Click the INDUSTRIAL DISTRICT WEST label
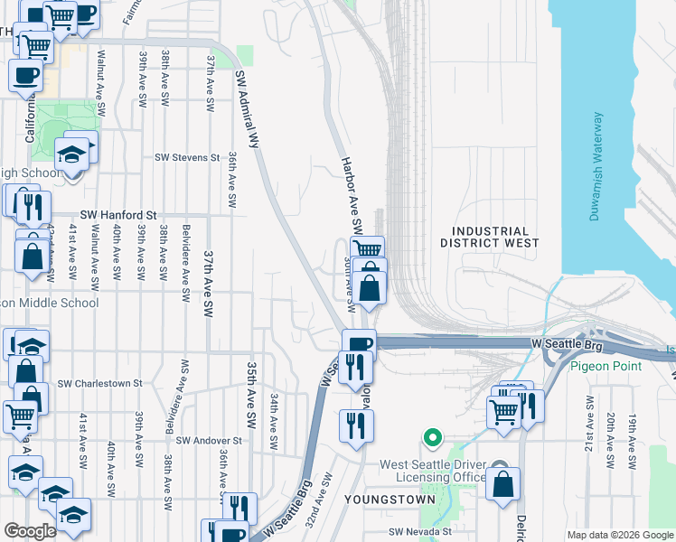pyautogui.click(x=489, y=237)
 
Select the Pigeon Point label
pyautogui.click(x=606, y=366)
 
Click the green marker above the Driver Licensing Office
pyautogui.click(x=433, y=439)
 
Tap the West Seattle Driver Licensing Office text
pyautogui.click(x=434, y=471)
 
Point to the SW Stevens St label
pyautogui.click(x=187, y=157)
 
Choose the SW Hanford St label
pyautogui.click(x=118, y=215)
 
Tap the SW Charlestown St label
pyautogui.click(x=99, y=383)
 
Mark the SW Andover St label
pyautogui.click(x=209, y=441)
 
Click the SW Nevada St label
pyautogui.click(x=419, y=533)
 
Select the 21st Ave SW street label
pyautogui.click(x=588, y=448)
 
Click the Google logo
pyautogui.click(x=30, y=531)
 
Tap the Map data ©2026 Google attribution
pyautogui.click(x=619, y=535)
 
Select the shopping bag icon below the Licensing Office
pyautogui.click(x=502, y=483)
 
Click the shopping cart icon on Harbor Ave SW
pyautogui.click(x=366, y=249)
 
